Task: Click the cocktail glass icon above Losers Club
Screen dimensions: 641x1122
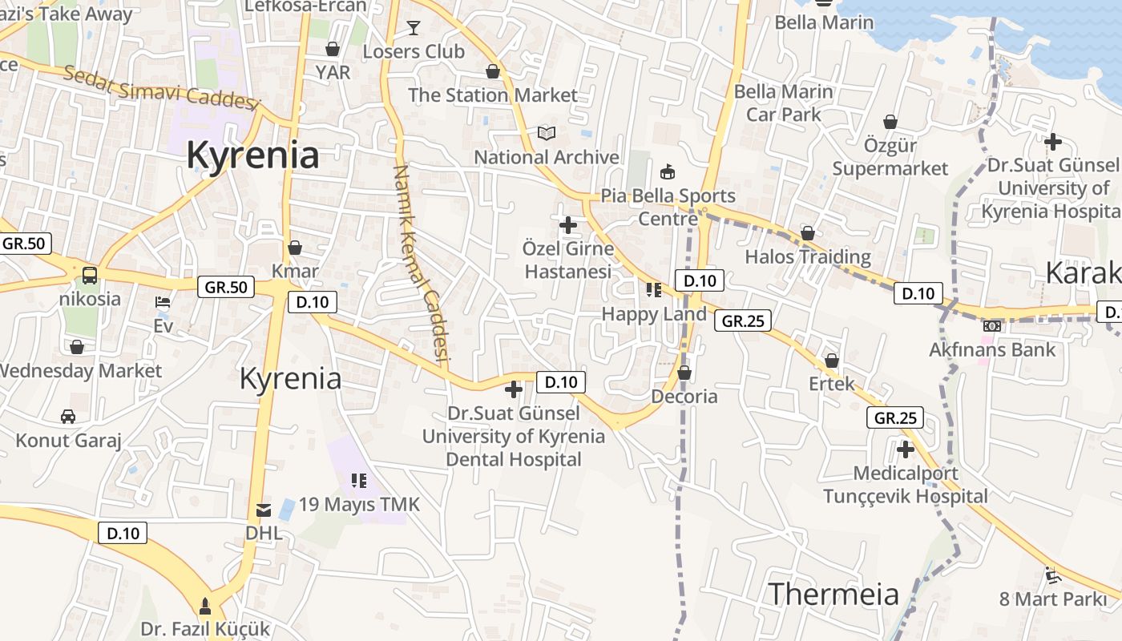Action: [x=413, y=28]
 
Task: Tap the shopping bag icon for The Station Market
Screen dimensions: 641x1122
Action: [x=493, y=71]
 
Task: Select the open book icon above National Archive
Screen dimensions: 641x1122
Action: [x=547, y=133]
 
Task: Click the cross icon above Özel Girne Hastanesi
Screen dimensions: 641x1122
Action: [x=568, y=224]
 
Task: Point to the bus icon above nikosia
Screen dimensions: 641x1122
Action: [x=90, y=276]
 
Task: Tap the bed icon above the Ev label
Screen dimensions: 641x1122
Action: [x=163, y=302]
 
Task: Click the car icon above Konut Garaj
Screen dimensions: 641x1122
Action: [x=68, y=417]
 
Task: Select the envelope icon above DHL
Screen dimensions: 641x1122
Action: [x=263, y=510]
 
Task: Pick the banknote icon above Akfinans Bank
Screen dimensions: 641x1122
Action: [x=992, y=326]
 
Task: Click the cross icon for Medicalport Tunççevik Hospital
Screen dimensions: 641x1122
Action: [x=906, y=450]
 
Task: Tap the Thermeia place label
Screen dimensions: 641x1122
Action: [x=833, y=594]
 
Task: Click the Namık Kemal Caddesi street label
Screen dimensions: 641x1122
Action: [x=419, y=264]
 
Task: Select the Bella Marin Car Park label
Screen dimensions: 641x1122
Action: [x=784, y=103]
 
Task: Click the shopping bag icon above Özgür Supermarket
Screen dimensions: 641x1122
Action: [x=890, y=122]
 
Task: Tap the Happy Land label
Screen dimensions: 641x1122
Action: [x=654, y=314]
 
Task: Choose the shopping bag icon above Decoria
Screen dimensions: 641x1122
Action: [x=684, y=373]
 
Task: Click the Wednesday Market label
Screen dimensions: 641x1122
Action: [x=81, y=371]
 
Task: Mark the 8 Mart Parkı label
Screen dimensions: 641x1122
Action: [x=1052, y=599]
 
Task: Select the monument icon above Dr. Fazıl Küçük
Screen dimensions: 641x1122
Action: [x=205, y=606]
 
